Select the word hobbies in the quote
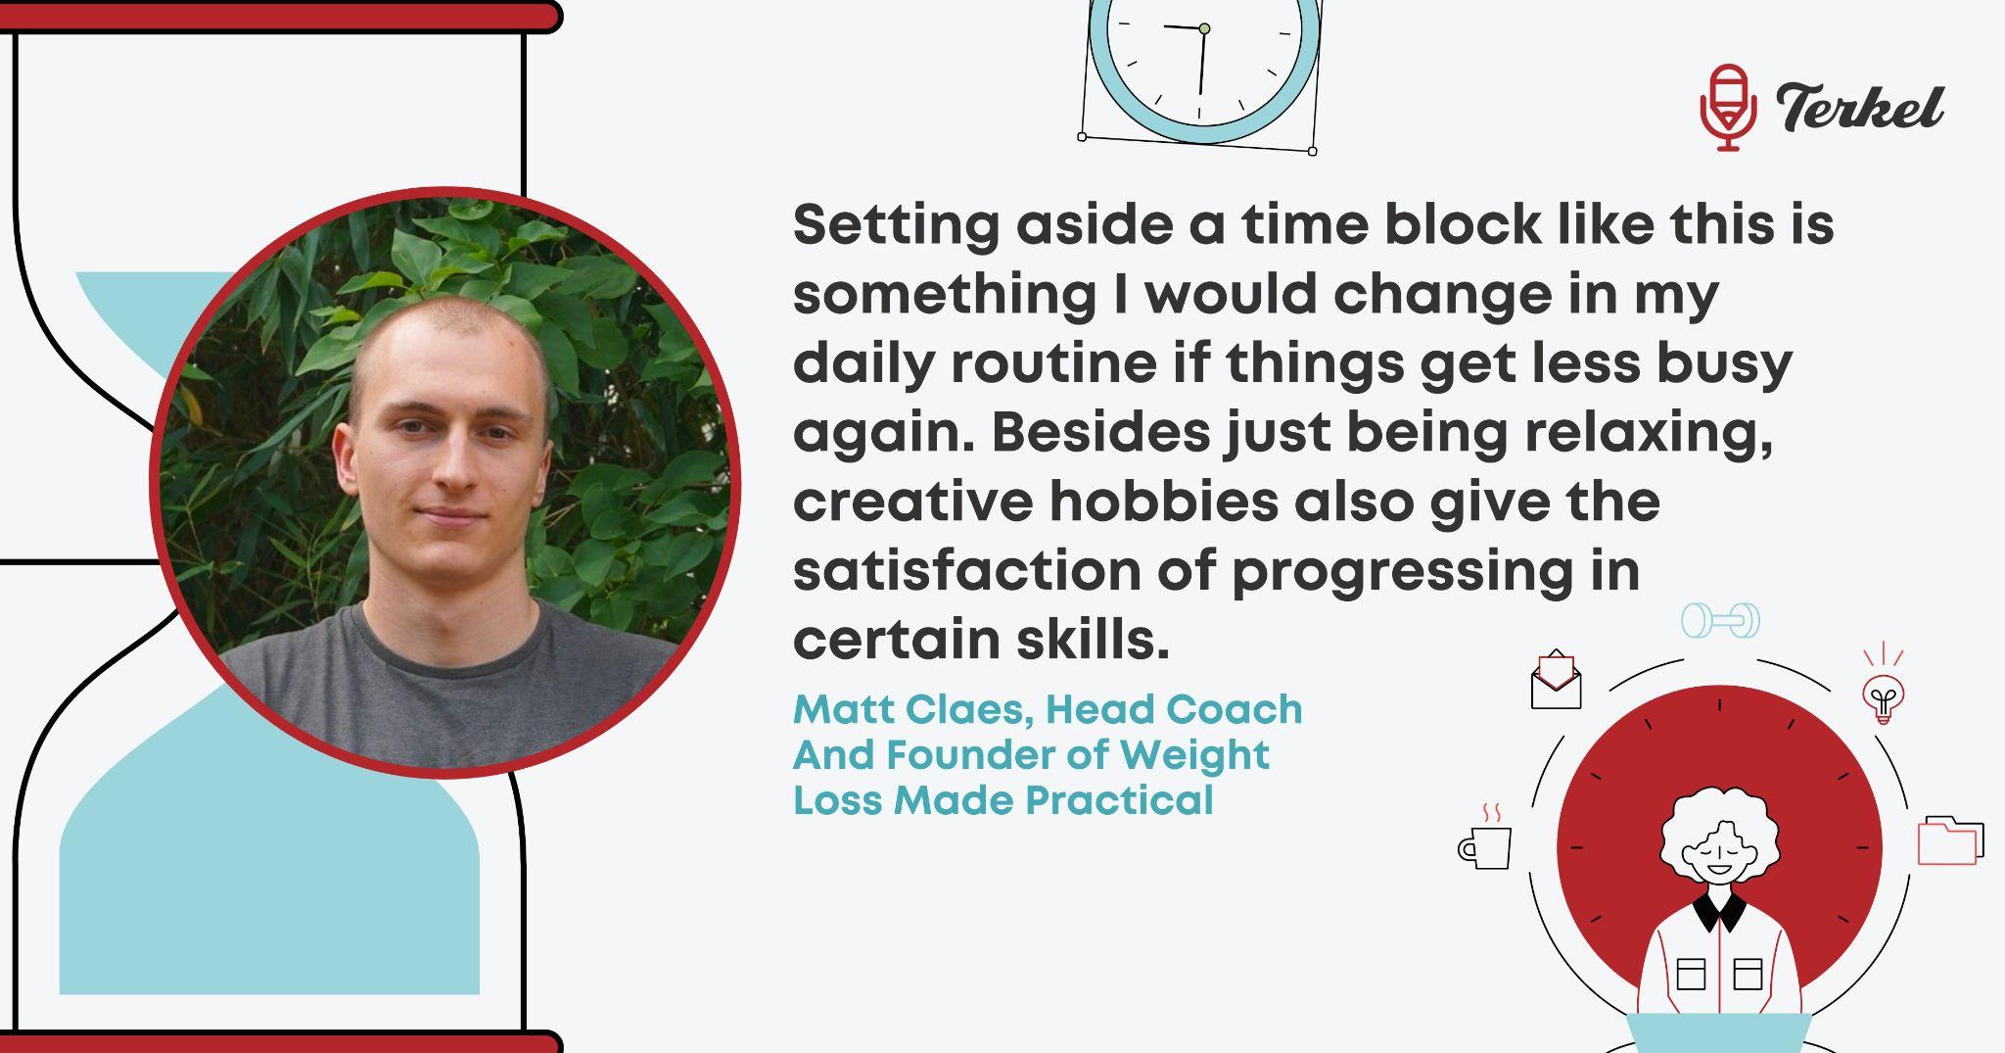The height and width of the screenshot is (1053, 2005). click(x=1164, y=502)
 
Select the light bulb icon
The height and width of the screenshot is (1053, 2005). click(x=1883, y=687)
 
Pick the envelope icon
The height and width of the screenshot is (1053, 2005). click(x=1557, y=680)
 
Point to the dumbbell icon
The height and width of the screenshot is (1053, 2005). click(x=1720, y=620)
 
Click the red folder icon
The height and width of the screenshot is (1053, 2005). click(x=1950, y=840)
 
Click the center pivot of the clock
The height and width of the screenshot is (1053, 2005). click(x=1204, y=29)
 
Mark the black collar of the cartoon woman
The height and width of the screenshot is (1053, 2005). click(x=1720, y=910)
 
